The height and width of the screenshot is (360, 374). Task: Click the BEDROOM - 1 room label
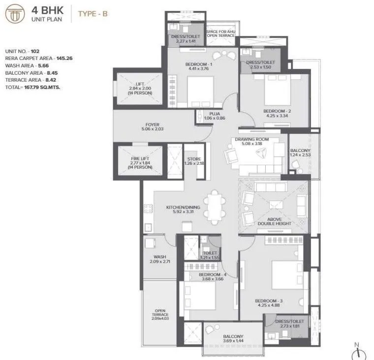coord(198,65)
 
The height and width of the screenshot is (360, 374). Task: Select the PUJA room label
coord(214,114)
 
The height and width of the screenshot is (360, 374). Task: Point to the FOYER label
coord(152,125)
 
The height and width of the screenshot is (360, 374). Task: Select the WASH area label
coord(159,257)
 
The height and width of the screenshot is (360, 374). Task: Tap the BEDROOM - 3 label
coord(269,301)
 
